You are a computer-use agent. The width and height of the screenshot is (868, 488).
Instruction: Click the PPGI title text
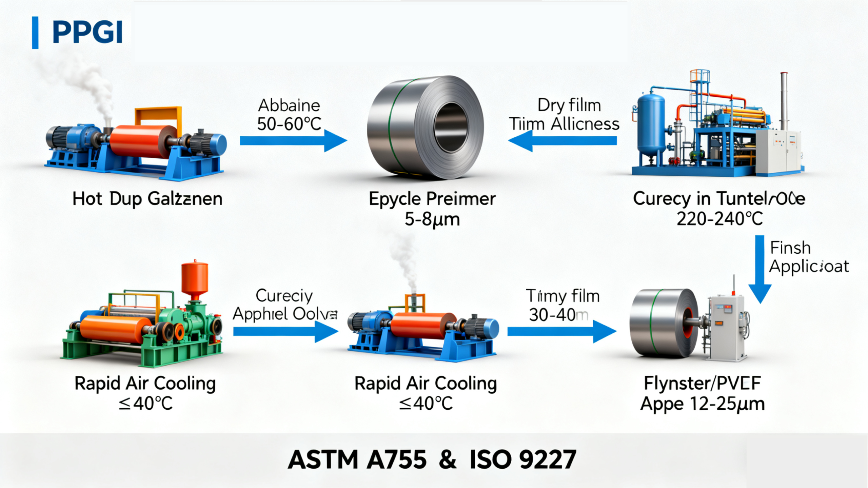[x=87, y=32]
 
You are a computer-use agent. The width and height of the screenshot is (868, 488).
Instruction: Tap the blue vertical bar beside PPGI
[x=35, y=33]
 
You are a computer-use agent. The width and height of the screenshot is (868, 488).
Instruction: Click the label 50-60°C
[x=289, y=124]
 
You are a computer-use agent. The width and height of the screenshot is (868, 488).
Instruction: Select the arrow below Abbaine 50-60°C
[x=293, y=140]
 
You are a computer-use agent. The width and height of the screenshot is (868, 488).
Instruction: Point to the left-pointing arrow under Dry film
[x=563, y=140]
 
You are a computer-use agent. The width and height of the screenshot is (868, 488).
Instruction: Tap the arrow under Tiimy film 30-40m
[x=561, y=332]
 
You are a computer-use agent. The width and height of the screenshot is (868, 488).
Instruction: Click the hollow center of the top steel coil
[x=451, y=128]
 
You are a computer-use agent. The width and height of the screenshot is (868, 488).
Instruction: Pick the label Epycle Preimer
[x=432, y=199]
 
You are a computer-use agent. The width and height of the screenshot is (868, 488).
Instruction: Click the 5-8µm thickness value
[x=432, y=219]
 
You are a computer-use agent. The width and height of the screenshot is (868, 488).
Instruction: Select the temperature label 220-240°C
[x=719, y=219]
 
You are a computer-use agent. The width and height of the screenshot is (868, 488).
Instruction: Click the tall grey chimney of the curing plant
[x=784, y=102]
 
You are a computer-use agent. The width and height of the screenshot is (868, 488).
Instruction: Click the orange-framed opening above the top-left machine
[x=158, y=117]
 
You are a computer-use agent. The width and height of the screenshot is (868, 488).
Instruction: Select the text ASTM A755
[x=357, y=460]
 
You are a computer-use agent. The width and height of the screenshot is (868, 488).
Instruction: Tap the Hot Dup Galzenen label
[x=147, y=199]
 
